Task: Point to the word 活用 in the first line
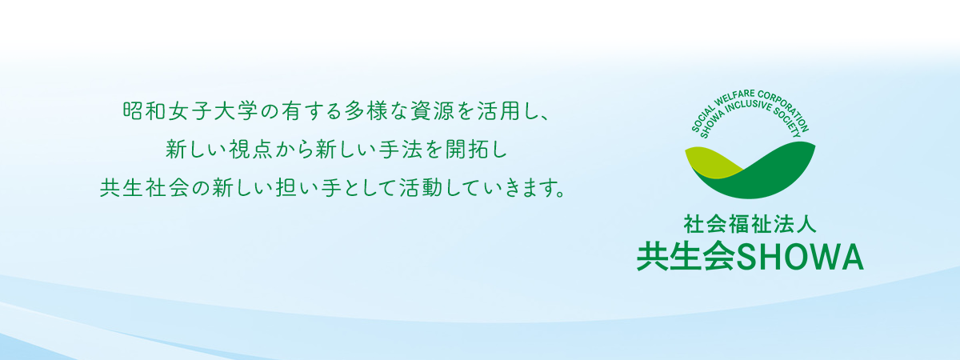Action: pyautogui.click(x=498, y=111)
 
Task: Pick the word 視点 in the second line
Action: pyautogui.click(x=250, y=149)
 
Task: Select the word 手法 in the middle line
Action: pyautogui.click(x=401, y=149)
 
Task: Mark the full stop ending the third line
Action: pyautogui.click(x=559, y=194)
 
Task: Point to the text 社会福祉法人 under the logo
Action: pyautogui.click(x=750, y=224)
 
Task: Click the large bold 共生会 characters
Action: pyautogui.click(x=686, y=257)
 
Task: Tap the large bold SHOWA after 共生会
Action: pyautogui.click(x=800, y=258)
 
